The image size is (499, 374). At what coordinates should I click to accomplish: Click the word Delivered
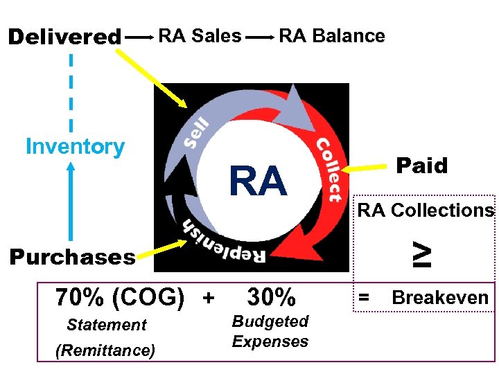64,37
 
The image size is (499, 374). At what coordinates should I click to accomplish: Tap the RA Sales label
200,35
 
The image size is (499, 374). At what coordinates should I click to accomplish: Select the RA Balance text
331,35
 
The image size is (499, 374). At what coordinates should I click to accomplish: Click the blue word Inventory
75,147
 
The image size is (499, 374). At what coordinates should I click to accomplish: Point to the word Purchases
72,258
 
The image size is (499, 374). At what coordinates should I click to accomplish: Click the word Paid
421,166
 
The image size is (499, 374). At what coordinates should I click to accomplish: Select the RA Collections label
426,211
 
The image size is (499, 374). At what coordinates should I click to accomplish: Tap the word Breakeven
440,298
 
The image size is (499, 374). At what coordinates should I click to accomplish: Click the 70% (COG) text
119,298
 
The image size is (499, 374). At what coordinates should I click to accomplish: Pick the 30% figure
272,298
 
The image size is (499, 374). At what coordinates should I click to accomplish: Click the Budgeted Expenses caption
270,331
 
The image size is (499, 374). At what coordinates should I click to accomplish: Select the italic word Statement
107,325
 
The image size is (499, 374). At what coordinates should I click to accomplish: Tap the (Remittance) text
105,350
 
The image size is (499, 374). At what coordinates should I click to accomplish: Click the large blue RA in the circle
258,182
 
